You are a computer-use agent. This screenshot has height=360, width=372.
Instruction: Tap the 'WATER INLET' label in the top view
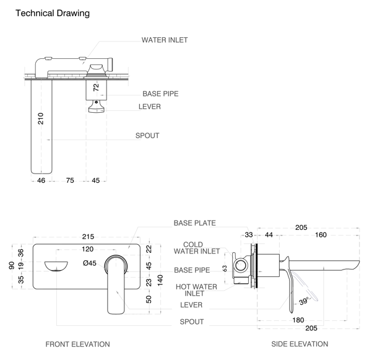point(165,40)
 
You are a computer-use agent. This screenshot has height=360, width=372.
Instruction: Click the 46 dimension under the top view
point(41,180)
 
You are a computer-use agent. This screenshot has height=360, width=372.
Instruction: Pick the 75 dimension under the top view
point(70,180)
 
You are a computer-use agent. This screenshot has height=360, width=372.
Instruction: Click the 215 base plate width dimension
point(88,237)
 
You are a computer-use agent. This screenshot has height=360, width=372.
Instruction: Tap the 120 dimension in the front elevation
point(87,249)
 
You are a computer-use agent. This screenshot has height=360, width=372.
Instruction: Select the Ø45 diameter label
point(90,263)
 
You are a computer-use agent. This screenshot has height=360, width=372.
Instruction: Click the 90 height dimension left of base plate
point(11,265)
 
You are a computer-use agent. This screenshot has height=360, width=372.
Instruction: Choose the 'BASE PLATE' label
point(194,223)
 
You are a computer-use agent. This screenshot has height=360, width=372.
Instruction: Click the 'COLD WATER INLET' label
point(197,247)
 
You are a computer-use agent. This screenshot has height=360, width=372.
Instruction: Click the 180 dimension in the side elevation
point(298,320)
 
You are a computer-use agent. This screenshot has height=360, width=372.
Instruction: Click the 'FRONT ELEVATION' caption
point(78,344)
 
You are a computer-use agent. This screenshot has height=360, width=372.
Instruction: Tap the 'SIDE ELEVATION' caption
point(300,344)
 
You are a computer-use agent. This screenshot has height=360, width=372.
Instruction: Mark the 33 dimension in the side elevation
point(249,235)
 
